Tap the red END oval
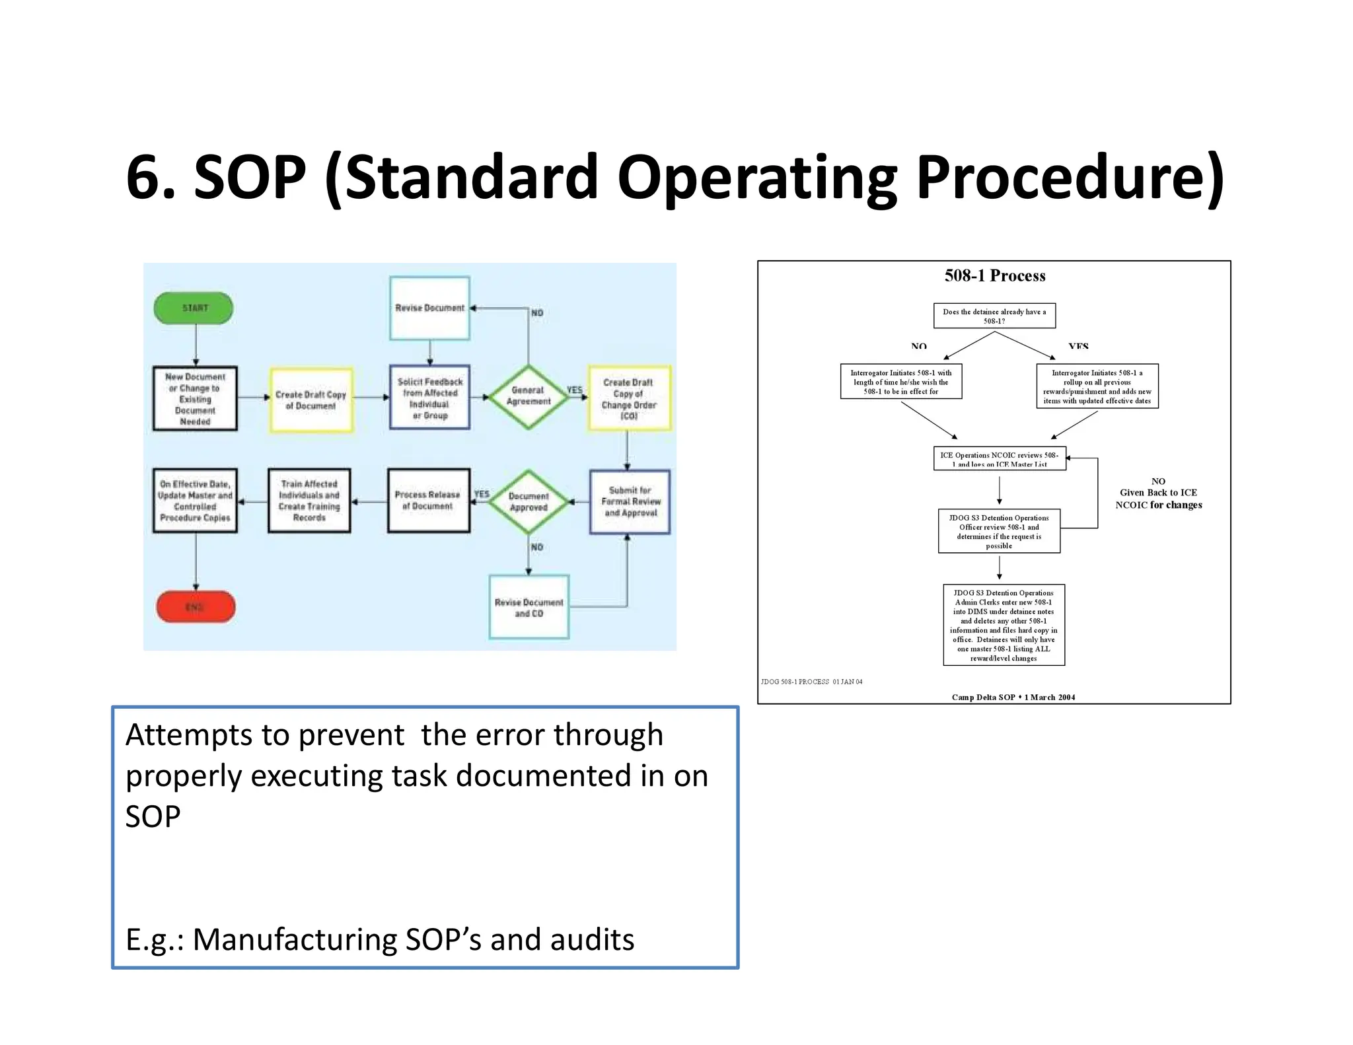point(196,606)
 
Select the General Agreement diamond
point(528,396)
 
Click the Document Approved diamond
point(528,501)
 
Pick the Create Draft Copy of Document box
point(311,400)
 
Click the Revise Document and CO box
point(529,607)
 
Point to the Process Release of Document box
point(428,501)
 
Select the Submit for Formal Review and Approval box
point(630,501)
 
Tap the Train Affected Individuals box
point(309,501)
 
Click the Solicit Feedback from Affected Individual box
point(429,398)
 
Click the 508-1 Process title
point(994,275)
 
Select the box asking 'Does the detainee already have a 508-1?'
point(994,316)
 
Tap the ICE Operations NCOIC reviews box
point(999,458)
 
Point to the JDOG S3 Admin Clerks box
point(1004,625)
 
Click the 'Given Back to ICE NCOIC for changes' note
point(1158,493)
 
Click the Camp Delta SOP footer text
point(1013,697)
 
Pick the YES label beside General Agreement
point(574,390)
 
